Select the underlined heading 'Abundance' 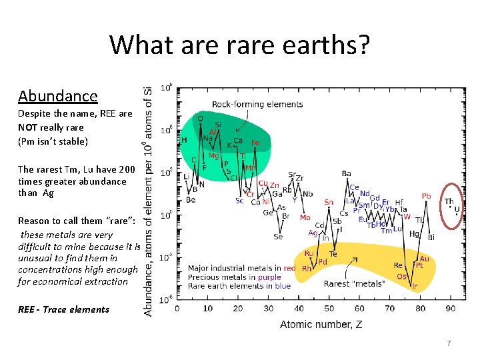[58, 95]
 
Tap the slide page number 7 [449, 343]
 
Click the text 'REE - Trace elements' [63, 309]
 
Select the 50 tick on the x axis [329, 308]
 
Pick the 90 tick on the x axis [450, 308]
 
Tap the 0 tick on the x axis [177, 308]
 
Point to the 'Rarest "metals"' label [353, 283]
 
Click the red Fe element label [255, 143]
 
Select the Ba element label [346, 174]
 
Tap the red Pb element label [426, 196]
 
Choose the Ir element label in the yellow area [415, 286]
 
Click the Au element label [424, 258]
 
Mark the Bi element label [431, 237]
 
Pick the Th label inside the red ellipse [449, 201]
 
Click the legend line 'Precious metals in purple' [234, 277]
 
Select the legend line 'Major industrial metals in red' [241, 268]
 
